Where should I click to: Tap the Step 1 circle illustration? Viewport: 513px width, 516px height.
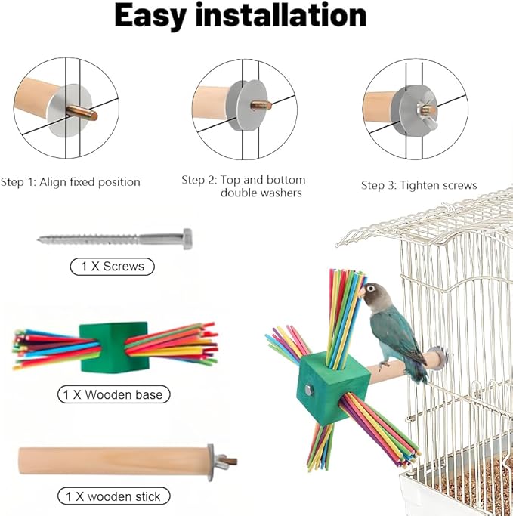67,110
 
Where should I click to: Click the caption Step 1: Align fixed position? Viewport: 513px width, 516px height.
70,182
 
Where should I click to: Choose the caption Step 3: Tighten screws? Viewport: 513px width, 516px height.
419,185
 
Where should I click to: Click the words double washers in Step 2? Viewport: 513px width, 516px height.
261,193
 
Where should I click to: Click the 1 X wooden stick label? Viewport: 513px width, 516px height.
113,496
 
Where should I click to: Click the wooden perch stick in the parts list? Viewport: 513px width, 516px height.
113,456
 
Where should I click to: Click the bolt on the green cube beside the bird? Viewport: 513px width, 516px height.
309,390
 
